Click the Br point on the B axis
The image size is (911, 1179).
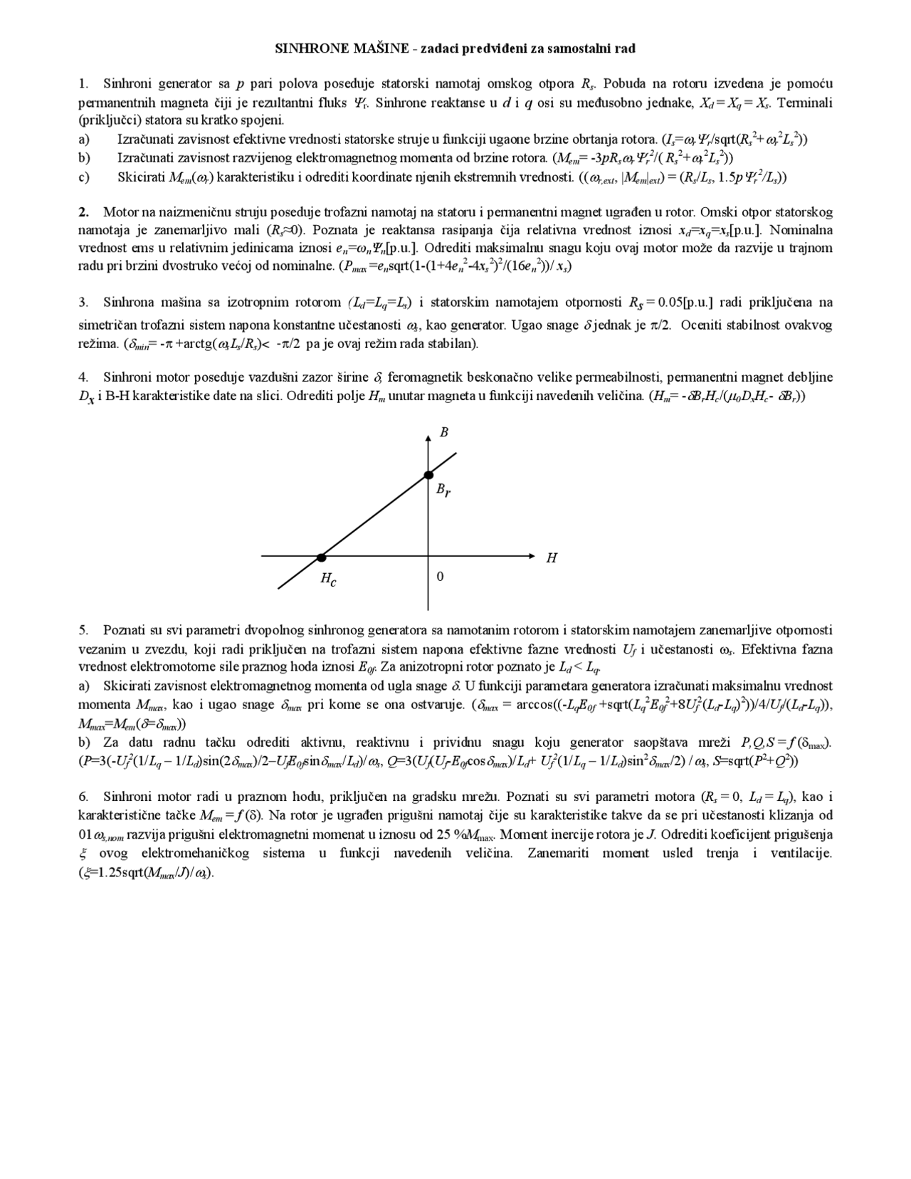[428, 475]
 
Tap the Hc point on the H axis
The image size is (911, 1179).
[321, 557]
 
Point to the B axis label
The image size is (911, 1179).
[444, 432]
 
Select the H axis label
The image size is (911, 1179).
[552, 558]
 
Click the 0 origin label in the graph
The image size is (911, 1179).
[440, 576]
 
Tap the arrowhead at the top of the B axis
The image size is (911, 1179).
[428, 437]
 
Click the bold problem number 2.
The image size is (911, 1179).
[83, 211]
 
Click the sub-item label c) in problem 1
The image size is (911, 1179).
[84, 177]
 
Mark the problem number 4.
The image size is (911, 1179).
[83, 377]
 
